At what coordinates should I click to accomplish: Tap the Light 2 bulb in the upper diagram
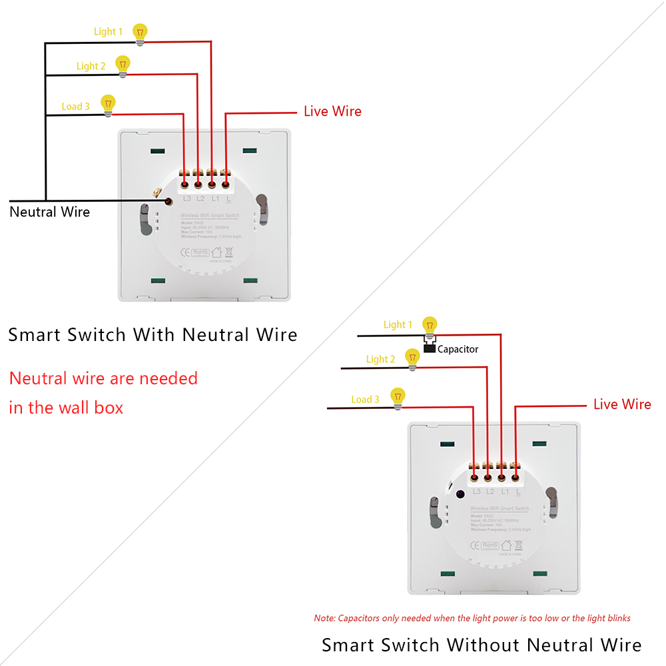point(123,65)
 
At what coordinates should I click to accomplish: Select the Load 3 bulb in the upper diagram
point(108,104)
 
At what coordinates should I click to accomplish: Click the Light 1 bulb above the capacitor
point(430,326)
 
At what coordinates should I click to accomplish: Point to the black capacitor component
point(430,348)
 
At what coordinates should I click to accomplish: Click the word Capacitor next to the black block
point(458,349)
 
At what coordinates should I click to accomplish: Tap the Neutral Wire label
point(49,212)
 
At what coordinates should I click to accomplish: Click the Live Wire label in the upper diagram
point(332,111)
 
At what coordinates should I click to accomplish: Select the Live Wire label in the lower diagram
point(622,404)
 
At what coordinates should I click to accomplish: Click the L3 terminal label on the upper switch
point(186,198)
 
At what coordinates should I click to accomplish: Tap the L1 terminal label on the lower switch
point(504,492)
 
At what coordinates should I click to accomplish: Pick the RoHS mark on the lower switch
point(490,545)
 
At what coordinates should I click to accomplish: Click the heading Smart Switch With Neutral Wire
point(153,334)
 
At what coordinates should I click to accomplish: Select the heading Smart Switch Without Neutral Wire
point(482,645)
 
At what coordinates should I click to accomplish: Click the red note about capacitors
point(472,618)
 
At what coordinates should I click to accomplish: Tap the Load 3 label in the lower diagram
point(365,400)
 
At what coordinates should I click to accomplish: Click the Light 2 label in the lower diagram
point(380,360)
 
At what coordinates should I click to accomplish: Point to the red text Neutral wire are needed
point(103,378)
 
